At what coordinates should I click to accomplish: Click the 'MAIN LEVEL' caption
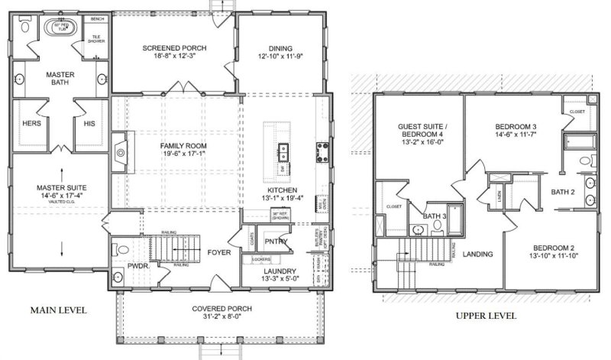click(58, 310)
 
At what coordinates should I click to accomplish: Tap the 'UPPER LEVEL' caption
click(487, 315)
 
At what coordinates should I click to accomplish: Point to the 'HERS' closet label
click(32, 123)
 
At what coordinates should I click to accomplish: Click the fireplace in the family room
click(120, 153)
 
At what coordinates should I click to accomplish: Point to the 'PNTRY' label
click(276, 242)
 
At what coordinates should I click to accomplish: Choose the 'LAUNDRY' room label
click(280, 271)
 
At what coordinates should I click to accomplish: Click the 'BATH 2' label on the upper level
click(564, 192)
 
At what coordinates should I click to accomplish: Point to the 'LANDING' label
click(477, 254)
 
